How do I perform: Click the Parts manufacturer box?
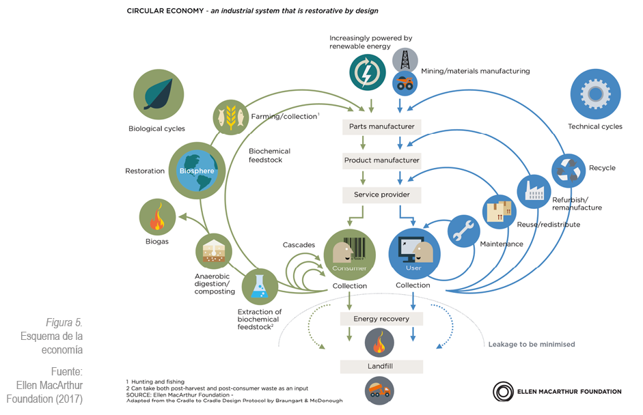pyautogui.click(x=381, y=126)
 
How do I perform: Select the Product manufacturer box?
pyautogui.click(x=381, y=160)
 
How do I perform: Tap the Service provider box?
pyautogui.click(x=381, y=195)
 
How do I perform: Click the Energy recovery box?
pyautogui.click(x=381, y=319)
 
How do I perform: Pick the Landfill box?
pyautogui.click(x=381, y=367)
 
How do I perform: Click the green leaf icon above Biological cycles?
pyautogui.click(x=157, y=94)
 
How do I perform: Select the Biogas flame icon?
pyautogui.click(x=157, y=218)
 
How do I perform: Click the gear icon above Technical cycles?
pyautogui.click(x=595, y=94)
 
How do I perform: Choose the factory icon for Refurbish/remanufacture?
pyautogui.click(x=534, y=191)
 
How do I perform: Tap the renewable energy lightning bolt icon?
pyautogui.click(x=368, y=72)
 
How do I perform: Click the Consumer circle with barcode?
pyautogui.click(x=349, y=255)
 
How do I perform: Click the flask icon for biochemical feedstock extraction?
pyautogui.click(x=259, y=287)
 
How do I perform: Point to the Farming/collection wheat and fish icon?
pyautogui.click(x=230, y=116)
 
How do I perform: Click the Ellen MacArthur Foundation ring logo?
pyautogui.click(x=503, y=392)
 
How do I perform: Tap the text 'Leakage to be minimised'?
pyautogui.click(x=531, y=344)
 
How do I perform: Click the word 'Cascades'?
pyautogui.click(x=299, y=244)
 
